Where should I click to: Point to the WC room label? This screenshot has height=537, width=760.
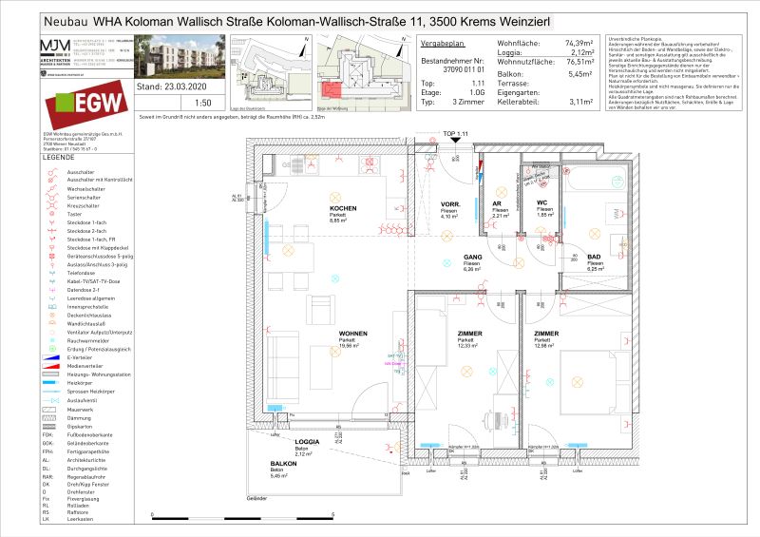(541, 203)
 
